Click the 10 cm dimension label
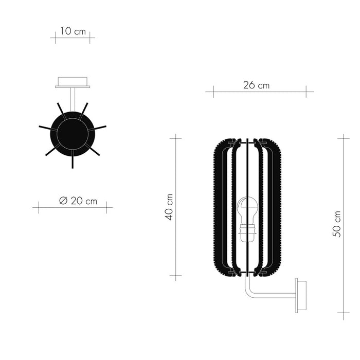(x=73, y=31)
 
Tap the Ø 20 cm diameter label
(x=78, y=201)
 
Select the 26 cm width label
(x=256, y=85)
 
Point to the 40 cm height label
(x=169, y=207)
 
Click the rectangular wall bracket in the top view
(x=73, y=82)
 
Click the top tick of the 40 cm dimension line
(x=175, y=137)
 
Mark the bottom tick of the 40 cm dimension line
(x=175, y=277)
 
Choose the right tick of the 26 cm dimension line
(x=307, y=92)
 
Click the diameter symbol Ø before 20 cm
(x=63, y=201)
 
